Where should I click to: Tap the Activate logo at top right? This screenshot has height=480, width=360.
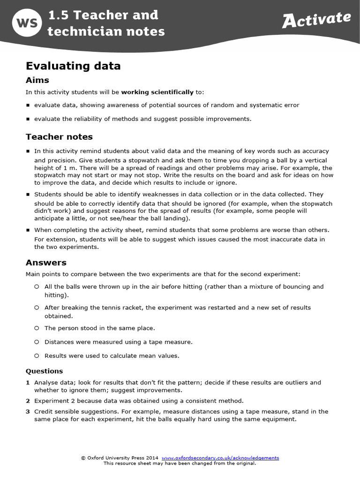click(x=316, y=20)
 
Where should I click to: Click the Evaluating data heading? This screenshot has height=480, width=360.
click(x=73, y=66)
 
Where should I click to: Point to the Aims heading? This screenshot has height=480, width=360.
click(x=37, y=80)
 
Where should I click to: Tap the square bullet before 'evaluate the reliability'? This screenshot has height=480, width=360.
click(x=28, y=119)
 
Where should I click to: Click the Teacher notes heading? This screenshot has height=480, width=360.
click(x=59, y=137)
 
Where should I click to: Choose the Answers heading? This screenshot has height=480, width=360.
click(x=46, y=262)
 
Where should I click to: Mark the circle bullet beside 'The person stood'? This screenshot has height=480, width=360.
click(x=37, y=328)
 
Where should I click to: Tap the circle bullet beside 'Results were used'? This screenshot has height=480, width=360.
click(x=37, y=356)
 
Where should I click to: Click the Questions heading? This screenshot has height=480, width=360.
click(x=44, y=371)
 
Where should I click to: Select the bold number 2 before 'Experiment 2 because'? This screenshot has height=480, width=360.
click(x=28, y=401)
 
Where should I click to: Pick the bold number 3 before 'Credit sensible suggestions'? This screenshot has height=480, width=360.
click(x=28, y=411)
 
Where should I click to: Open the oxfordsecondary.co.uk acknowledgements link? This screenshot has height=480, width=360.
click(x=220, y=457)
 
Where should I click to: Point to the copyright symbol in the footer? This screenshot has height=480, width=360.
click(x=83, y=457)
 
